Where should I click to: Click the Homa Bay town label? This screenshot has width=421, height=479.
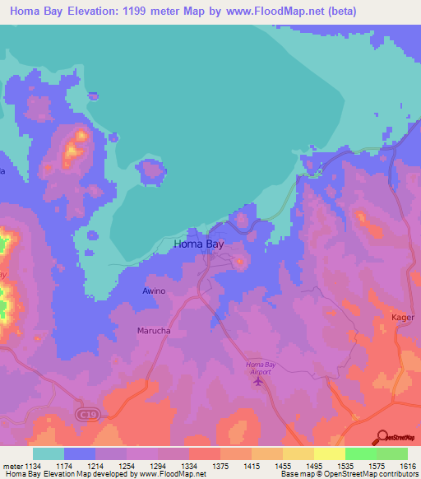(198, 244)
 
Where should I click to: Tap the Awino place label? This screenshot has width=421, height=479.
(154, 291)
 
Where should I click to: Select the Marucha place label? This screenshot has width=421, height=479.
(154, 331)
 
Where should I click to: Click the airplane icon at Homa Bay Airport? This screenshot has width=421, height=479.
(261, 379)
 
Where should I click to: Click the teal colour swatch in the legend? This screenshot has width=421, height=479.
(49, 453)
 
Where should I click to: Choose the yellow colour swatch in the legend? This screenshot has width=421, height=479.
(330, 453)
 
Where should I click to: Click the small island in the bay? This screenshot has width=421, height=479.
(151, 172)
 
